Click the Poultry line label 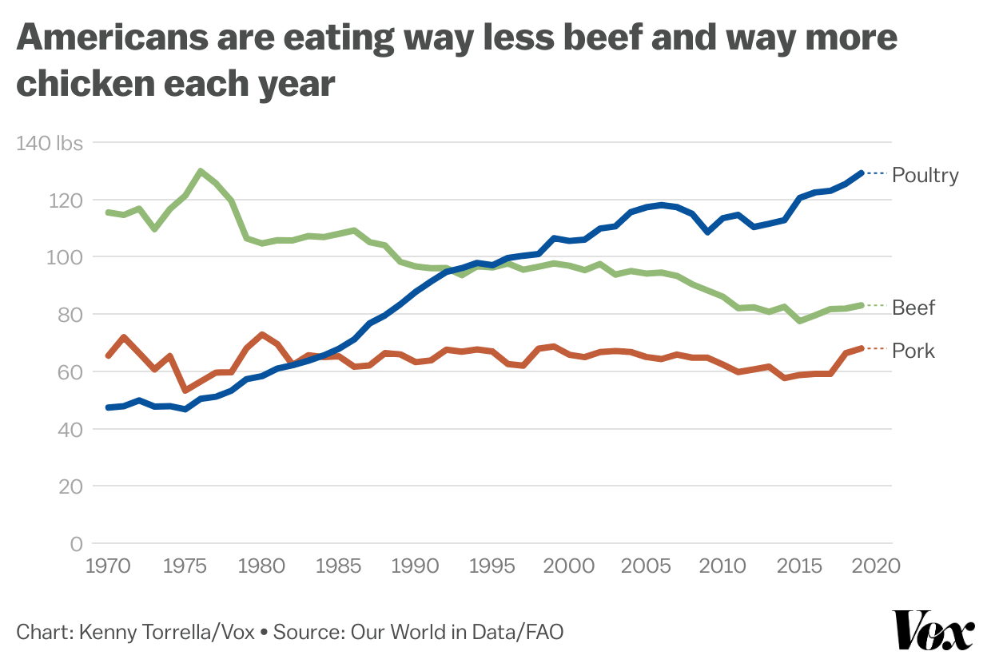(925, 175)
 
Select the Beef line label (913, 308)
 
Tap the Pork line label (913, 351)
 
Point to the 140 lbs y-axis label (49, 143)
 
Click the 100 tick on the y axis (66, 257)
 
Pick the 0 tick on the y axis (76, 544)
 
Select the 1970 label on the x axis (108, 566)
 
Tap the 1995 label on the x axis (492, 566)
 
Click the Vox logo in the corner (933, 631)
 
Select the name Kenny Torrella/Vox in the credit (166, 633)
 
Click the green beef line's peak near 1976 (200, 171)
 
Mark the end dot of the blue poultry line (861, 173)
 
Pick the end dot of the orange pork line (861, 348)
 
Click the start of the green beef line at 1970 (109, 212)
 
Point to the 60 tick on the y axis (70, 372)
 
